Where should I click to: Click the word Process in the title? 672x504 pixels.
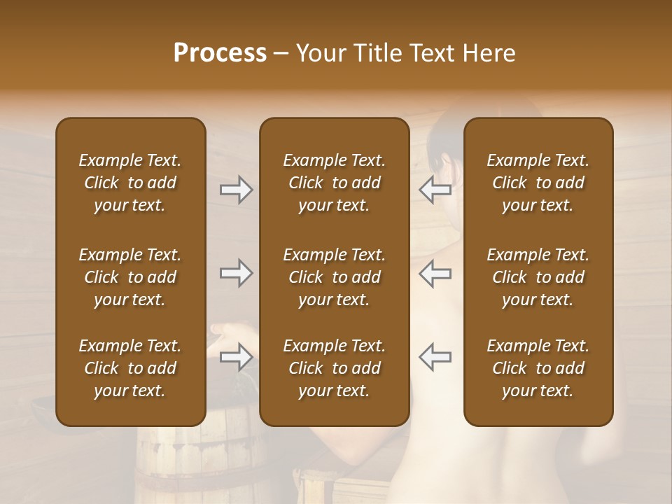(x=220, y=53)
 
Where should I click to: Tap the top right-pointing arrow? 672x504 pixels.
(x=236, y=190)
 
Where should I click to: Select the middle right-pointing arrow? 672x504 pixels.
(x=236, y=273)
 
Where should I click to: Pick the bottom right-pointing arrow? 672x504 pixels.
(x=236, y=357)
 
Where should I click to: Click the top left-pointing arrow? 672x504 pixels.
(x=435, y=190)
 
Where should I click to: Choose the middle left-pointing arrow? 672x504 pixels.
(x=435, y=273)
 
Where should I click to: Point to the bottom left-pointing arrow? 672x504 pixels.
(x=435, y=357)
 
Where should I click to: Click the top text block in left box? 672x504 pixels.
(x=130, y=183)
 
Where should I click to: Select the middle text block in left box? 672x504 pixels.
(x=130, y=277)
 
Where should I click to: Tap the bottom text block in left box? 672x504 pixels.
(x=130, y=368)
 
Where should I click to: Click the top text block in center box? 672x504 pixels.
(x=334, y=183)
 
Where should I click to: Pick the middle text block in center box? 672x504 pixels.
(x=334, y=277)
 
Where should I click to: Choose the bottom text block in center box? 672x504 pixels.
(x=334, y=368)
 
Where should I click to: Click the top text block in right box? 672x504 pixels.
(x=538, y=183)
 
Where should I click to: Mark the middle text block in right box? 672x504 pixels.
(x=538, y=277)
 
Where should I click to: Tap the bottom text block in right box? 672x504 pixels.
(x=538, y=368)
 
